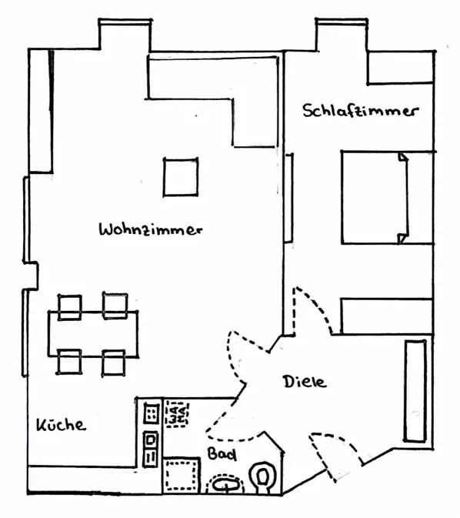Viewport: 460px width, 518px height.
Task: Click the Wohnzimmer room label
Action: click(151, 229)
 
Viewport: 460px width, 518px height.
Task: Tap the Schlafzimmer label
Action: click(361, 111)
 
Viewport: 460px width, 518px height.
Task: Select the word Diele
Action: click(305, 382)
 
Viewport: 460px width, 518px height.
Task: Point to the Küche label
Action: click(61, 425)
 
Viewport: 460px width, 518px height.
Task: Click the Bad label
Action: click(222, 454)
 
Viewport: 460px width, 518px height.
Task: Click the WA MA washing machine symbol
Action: click(178, 414)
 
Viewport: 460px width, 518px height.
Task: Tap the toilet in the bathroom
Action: click(263, 478)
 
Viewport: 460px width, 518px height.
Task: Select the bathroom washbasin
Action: click(225, 485)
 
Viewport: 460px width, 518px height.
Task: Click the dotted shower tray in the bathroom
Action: click(182, 476)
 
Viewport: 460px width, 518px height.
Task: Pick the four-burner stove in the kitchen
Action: click(152, 413)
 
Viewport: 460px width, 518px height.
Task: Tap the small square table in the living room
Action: click(181, 177)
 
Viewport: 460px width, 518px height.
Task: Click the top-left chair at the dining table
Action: click(70, 307)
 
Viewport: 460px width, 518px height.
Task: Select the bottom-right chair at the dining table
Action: click(114, 363)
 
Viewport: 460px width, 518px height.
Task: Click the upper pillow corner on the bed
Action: click(403, 157)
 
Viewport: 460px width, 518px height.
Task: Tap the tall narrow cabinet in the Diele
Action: click(415, 390)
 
